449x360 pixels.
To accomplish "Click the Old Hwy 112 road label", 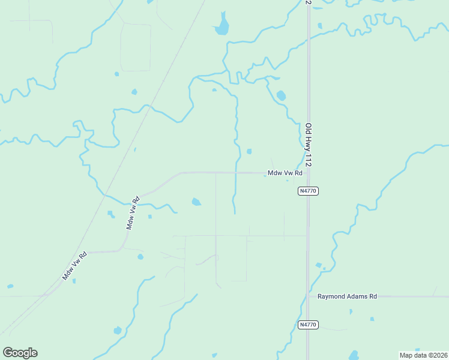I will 309,145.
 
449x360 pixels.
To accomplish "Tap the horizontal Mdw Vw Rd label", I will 283,173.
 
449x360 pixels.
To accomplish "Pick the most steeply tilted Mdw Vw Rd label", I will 133,213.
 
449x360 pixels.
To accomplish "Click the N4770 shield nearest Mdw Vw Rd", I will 307,191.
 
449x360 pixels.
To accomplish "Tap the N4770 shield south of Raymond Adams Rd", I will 307,325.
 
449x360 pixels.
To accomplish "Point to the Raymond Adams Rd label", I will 347,296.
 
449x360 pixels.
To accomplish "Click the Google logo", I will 20,353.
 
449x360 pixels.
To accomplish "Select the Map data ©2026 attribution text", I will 423,355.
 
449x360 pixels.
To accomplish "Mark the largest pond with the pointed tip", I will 222,25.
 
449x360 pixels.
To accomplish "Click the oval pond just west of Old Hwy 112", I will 281,95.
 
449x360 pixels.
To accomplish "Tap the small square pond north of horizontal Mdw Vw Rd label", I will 249,151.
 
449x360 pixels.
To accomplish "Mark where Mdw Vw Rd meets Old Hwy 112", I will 308,173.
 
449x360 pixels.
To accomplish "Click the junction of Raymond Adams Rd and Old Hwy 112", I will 308,296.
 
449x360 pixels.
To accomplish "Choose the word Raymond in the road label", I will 332,296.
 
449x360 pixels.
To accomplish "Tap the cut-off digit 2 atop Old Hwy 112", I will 309,2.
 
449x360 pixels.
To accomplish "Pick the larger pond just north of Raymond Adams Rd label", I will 319,265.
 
